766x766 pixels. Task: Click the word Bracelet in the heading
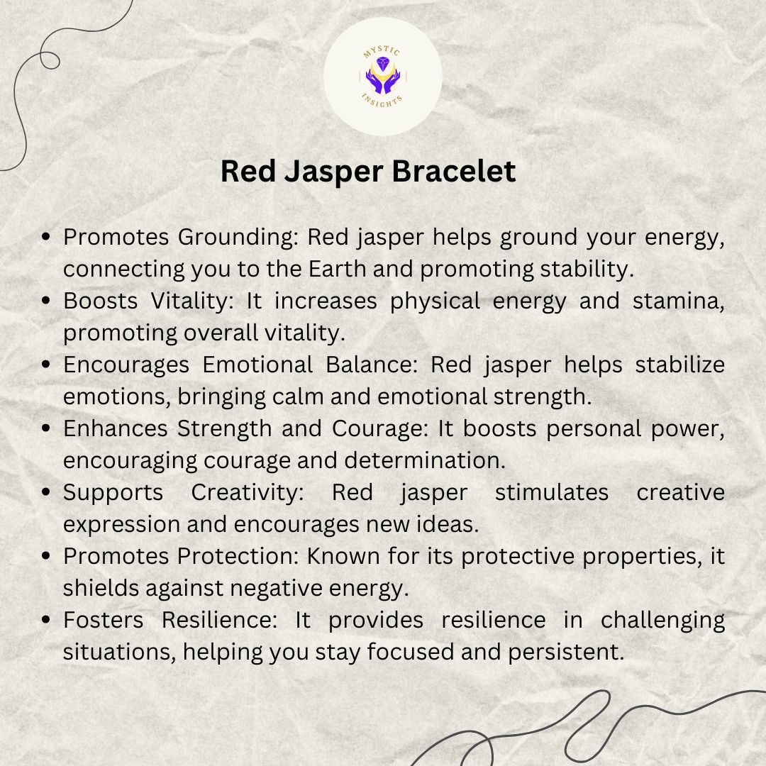click(x=453, y=171)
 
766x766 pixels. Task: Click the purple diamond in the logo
click(x=383, y=63)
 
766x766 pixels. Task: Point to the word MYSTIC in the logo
click(x=382, y=51)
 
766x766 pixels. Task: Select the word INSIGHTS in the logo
click(x=382, y=101)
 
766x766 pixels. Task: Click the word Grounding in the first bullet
click(x=238, y=238)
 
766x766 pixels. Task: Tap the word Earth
click(x=337, y=269)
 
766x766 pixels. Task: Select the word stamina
click(x=679, y=301)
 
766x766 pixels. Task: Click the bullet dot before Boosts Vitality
click(x=46, y=301)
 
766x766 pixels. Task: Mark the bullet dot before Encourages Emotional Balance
click(x=46, y=365)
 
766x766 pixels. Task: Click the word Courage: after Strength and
click(x=380, y=429)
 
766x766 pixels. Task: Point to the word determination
click(x=425, y=460)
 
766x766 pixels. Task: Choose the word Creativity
click(x=248, y=493)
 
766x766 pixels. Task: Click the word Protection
click(x=238, y=556)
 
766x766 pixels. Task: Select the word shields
click(x=101, y=588)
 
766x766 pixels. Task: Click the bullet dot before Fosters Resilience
click(x=46, y=620)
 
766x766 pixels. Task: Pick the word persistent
click(x=566, y=653)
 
